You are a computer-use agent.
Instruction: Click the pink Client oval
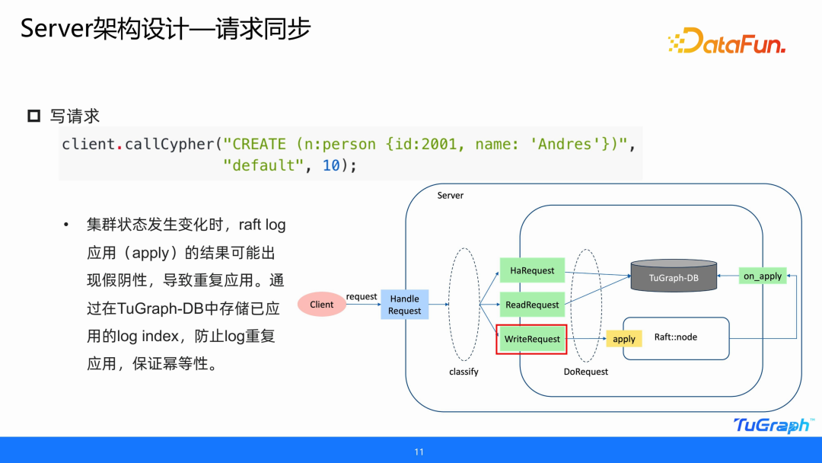(x=321, y=305)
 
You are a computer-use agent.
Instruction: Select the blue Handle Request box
(x=404, y=305)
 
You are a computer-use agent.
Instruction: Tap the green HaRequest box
(x=532, y=270)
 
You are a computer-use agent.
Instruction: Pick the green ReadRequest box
(x=532, y=305)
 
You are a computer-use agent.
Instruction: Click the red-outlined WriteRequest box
(x=532, y=339)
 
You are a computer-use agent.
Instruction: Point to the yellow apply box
(x=623, y=339)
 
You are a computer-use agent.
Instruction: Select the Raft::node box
(x=676, y=337)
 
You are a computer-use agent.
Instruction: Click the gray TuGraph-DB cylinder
(x=674, y=276)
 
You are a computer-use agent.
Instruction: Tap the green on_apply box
(x=763, y=276)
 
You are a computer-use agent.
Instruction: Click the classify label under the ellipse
(x=464, y=372)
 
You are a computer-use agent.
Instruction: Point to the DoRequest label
(x=586, y=372)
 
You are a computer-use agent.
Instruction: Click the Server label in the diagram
(x=450, y=196)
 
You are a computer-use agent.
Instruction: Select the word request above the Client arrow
(x=362, y=296)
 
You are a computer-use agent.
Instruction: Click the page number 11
(x=419, y=452)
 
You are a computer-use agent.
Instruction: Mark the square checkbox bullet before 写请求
(x=33, y=116)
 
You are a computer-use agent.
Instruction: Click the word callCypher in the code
(x=167, y=144)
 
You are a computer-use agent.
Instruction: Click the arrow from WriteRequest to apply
(x=587, y=339)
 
